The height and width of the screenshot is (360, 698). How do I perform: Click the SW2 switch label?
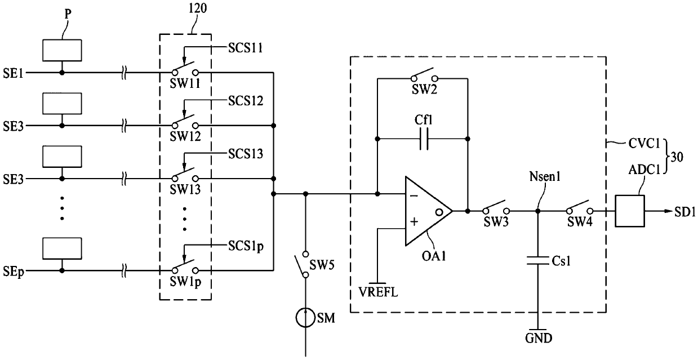pyautogui.click(x=424, y=90)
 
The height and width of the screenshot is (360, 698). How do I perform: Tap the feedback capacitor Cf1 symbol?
pyautogui.click(x=424, y=139)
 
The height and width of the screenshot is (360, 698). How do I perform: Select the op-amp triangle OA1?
pyautogui.click(x=429, y=211)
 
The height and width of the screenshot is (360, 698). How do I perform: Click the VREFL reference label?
pyautogui.click(x=378, y=292)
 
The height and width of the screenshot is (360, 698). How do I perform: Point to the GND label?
pyautogui.click(x=539, y=338)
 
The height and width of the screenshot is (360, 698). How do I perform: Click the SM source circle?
pyautogui.click(x=305, y=318)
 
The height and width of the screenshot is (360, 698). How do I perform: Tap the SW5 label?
pyautogui.click(x=322, y=265)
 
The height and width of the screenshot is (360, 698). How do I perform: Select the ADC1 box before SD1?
pyautogui.click(x=630, y=211)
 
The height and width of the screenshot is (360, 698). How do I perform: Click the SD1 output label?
pyautogui.click(x=684, y=212)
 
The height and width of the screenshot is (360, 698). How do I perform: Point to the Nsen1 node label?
pyautogui.click(x=545, y=177)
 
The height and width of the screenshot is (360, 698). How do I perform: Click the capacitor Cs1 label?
pyautogui.click(x=561, y=261)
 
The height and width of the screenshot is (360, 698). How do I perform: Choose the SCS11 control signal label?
pyautogui.click(x=246, y=48)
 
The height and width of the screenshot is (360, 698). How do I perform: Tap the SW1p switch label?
pyautogui.click(x=185, y=282)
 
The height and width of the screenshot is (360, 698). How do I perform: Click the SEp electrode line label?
pyautogui.click(x=14, y=272)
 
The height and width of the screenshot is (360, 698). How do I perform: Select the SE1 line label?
pyautogui.click(x=13, y=74)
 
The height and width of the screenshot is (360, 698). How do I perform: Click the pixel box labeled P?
pyautogui.click(x=62, y=50)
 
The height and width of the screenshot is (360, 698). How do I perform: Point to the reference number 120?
pyautogui.click(x=198, y=8)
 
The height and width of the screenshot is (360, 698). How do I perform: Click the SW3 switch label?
pyautogui.click(x=496, y=222)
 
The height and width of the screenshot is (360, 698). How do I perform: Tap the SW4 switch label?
pyautogui.click(x=580, y=222)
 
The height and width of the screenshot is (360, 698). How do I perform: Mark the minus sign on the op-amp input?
pyautogui.click(x=414, y=195)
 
